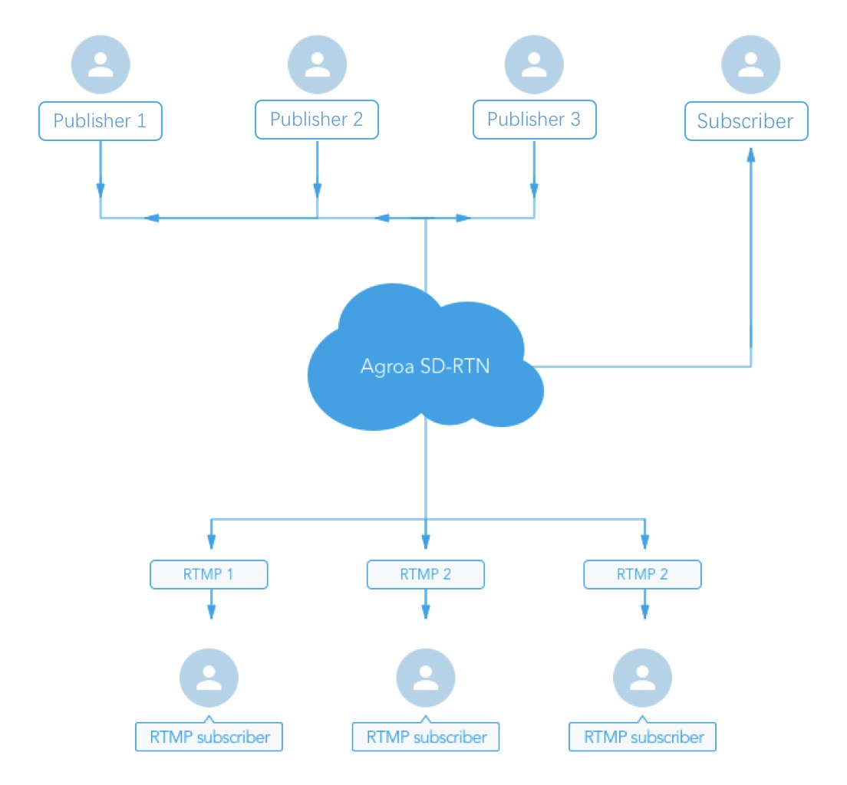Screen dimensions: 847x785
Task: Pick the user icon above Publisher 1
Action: (x=101, y=64)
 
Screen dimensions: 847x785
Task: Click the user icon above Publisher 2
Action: (x=317, y=64)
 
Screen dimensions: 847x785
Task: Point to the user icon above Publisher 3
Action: (x=534, y=64)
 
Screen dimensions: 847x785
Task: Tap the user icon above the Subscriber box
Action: (x=751, y=64)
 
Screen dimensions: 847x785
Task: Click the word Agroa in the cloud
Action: (x=387, y=366)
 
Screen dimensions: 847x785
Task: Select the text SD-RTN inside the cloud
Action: (x=455, y=366)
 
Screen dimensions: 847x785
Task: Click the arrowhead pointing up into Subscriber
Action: (x=751, y=155)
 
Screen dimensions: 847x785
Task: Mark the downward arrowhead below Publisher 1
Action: (x=101, y=191)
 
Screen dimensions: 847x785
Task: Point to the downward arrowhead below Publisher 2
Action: (x=317, y=191)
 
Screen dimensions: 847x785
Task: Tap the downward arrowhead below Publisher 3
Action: (x=534, y=191)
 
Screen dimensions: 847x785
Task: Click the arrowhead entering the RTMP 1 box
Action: (x=211, y=541)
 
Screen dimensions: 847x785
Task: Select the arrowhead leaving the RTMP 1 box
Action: (x=211, y=611)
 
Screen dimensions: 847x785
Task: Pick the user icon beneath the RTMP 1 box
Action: (x=209, y=678)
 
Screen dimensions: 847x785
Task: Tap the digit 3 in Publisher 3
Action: (x=575, y=120)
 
